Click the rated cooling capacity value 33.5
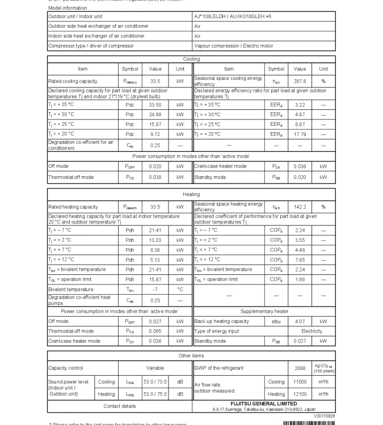[155, 82]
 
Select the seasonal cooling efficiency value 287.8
[300, 82]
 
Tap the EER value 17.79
[300, 134]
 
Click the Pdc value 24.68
[155, 114]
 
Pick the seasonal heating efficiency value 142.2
[300, 207]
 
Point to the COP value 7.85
[300, 260]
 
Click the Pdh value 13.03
[155, 240]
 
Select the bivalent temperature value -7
[155, 290]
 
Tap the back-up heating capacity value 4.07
[300, 321]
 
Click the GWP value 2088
[300, 368]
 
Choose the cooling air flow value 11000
[300, 382]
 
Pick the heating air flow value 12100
[300, 394]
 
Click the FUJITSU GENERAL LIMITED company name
[264, 404]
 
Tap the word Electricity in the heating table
[311, 331]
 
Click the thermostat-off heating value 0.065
[155, 331]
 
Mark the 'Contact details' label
[120, 406]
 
